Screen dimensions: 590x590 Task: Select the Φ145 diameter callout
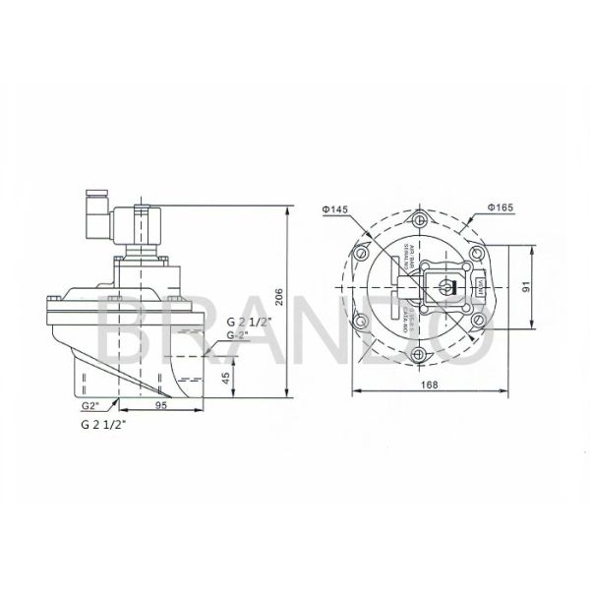point(334,209)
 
